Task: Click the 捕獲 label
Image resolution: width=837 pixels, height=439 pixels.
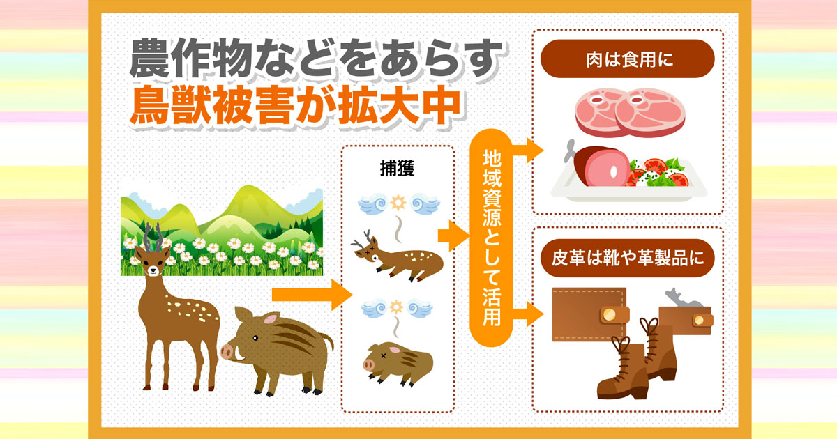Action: click(397, 169)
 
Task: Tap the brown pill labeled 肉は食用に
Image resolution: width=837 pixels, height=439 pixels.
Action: click(627, 59)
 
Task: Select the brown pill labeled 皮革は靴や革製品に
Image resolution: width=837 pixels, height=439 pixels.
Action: click(627, 258)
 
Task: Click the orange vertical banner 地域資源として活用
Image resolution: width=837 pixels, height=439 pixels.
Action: click(491, 238)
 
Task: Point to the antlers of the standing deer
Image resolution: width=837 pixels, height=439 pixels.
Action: click(153, 236)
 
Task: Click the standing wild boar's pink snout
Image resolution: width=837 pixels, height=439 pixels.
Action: click(227, 352)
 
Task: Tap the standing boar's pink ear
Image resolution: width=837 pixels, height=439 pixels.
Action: click(270, 319)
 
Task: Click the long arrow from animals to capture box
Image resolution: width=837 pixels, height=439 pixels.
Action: click(312, 295)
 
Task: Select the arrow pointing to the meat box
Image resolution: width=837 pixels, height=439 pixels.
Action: click(527, 150)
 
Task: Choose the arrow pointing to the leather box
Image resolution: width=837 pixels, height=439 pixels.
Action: click(527, 314)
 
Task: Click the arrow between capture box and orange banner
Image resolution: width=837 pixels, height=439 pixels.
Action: click(453, 236)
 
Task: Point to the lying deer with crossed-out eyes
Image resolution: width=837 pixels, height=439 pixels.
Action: click(398, 258)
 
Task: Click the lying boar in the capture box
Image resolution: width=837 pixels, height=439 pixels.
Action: click(398, 363)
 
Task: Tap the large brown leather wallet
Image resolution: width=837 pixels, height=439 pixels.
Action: click(589, 314)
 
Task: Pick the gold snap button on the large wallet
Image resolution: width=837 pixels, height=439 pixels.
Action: click(609, 314)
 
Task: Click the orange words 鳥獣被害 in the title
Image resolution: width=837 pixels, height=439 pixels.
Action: click(212, 105)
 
